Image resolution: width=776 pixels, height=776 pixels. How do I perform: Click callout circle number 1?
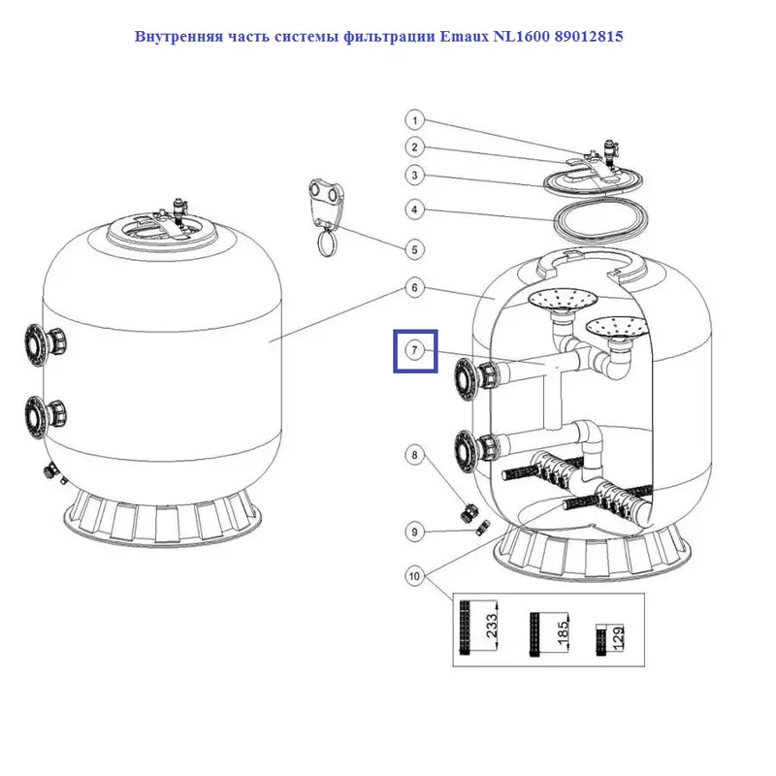[414, 121]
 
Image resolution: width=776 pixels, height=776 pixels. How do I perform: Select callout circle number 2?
[414, 147]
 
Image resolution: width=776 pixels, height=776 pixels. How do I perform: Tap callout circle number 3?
[414, 176]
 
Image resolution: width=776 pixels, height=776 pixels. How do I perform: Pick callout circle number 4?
[414, 209]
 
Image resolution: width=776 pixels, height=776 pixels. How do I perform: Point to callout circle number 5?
[414, 249]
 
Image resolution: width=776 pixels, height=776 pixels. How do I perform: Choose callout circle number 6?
[414, 288]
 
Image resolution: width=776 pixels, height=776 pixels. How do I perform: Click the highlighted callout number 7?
[415, 350]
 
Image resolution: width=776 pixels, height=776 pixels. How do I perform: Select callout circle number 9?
[414, 531]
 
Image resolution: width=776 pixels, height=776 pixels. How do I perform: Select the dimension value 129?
[618, 638]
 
